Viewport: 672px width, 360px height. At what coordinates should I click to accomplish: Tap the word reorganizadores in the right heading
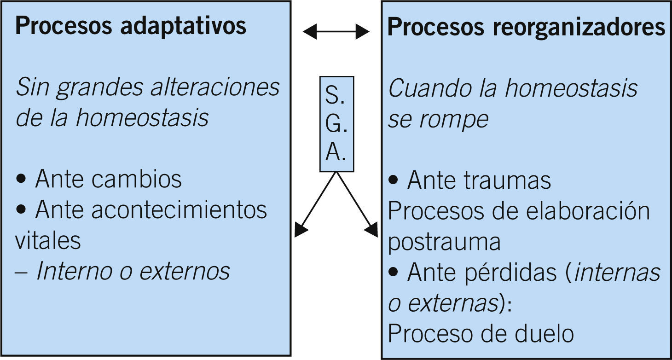(579, 27)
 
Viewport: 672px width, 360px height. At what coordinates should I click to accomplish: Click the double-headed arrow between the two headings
(336, 31)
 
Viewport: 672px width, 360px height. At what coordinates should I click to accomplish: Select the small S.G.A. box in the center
(336, 124)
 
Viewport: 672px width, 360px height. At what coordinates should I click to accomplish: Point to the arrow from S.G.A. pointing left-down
(316, 203)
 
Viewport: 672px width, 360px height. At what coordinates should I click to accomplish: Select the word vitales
(48, 240)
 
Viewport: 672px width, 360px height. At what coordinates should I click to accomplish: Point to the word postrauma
(444, 242)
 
